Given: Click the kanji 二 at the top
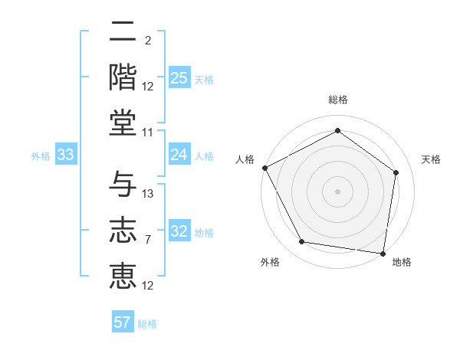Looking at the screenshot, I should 123,33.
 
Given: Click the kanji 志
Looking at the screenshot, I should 123,229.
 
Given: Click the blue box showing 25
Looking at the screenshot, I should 179,78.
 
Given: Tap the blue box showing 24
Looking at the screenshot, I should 179,155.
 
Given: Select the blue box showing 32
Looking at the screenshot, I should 179,231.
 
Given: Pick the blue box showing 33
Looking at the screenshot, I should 65,155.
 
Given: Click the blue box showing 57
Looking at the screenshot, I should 123,322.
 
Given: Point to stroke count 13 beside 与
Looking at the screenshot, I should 148,194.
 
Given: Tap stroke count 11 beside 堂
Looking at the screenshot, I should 148,133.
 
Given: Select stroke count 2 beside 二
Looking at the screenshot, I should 147,41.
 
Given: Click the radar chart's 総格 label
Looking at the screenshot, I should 337,100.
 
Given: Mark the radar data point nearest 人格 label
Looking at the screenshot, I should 264,168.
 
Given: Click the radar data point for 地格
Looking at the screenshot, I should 383,253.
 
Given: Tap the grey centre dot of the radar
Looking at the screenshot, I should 337,191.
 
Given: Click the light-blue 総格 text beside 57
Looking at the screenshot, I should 147,324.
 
